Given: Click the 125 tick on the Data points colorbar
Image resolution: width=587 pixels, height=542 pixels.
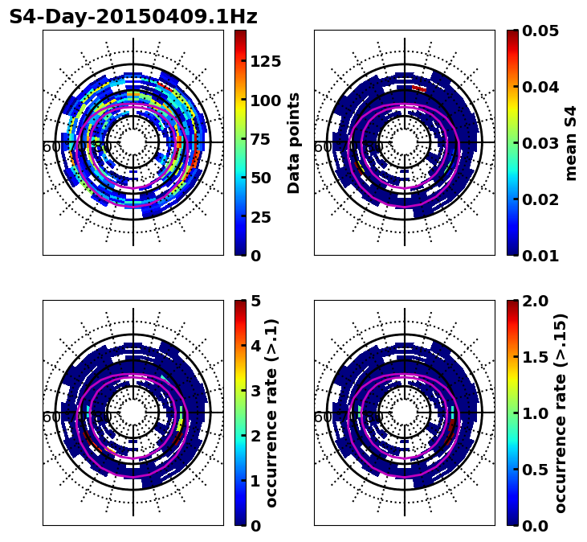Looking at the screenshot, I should click(265, 61).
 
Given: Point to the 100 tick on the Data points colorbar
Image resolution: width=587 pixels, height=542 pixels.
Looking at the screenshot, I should click(265, 101).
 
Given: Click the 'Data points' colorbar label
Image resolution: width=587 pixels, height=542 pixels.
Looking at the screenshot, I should click(294, 142).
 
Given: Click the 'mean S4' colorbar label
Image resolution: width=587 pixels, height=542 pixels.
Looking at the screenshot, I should click(571, 142).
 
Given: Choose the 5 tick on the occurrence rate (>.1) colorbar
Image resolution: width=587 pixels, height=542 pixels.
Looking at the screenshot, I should click(255, 301).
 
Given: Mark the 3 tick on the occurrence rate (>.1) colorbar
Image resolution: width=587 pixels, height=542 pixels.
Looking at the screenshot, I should click(255, 391).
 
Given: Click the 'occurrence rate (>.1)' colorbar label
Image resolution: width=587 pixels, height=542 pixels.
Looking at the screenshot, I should click(271, 413).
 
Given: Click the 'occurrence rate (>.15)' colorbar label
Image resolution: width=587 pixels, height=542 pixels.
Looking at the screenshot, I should click(561, 413).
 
